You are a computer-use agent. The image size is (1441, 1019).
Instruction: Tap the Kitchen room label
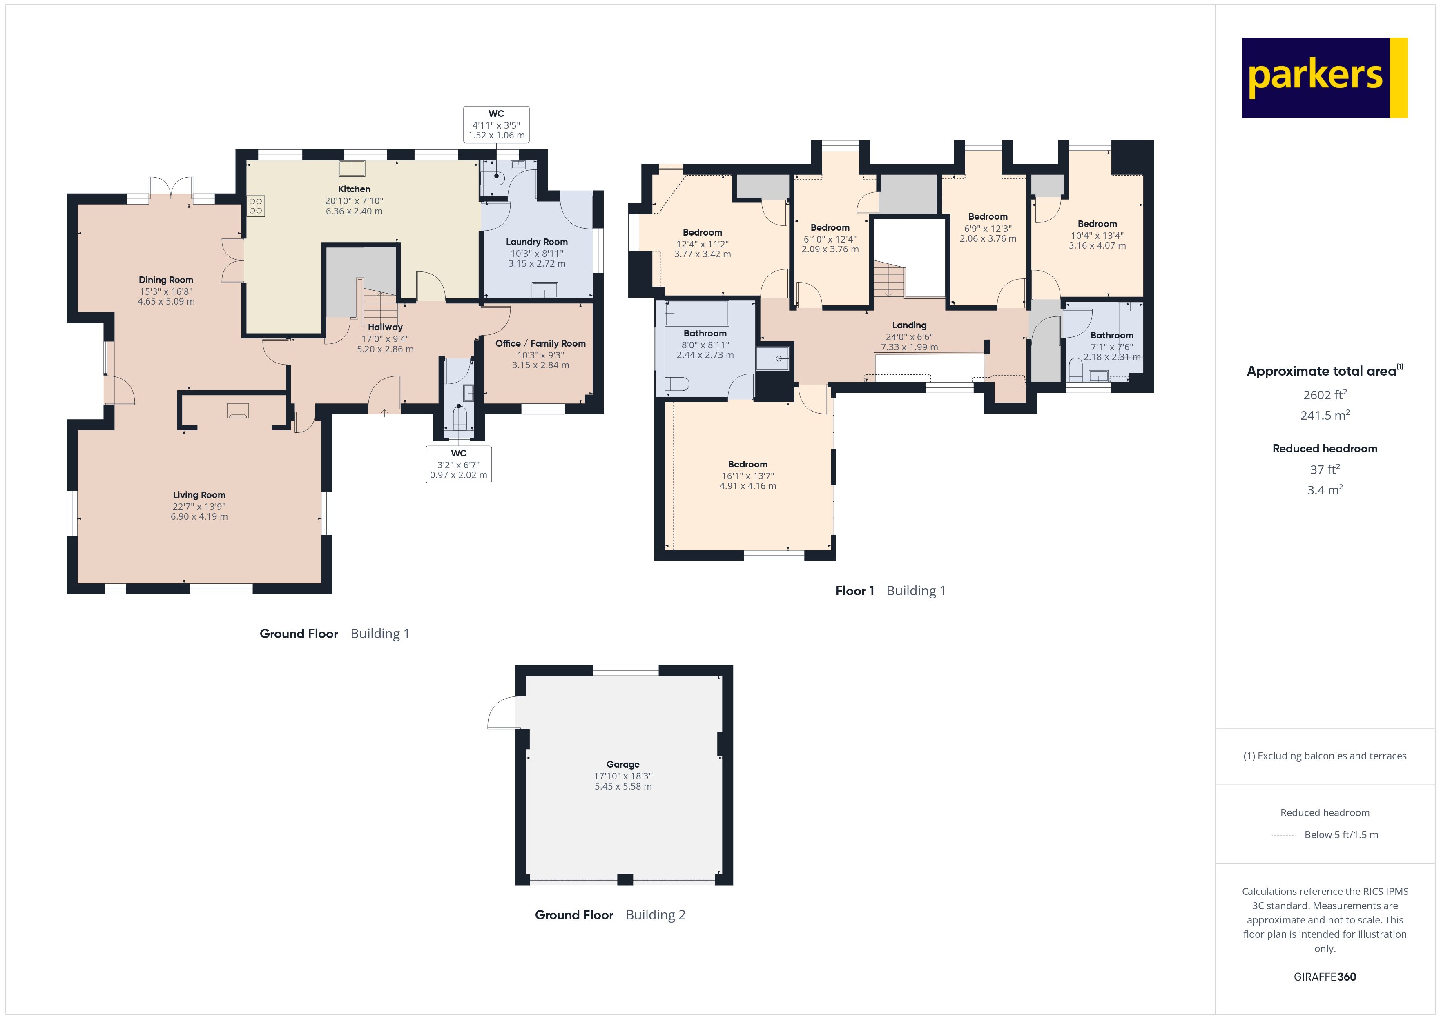point(354,189)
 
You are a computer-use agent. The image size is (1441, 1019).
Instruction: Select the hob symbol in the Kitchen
point(255,206)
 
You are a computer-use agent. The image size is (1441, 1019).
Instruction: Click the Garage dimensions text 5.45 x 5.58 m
point(622,786)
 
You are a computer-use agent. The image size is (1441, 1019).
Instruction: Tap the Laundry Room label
point(537,242)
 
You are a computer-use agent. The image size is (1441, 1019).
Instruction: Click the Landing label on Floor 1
point(909,325)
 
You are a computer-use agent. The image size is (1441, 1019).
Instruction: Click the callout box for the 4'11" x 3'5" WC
point(496,124)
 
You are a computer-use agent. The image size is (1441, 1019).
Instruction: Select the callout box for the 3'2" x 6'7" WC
point(458,464)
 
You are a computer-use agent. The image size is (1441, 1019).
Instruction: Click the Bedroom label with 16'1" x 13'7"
point(747,464)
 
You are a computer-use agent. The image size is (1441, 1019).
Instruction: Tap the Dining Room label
point(166,280)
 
